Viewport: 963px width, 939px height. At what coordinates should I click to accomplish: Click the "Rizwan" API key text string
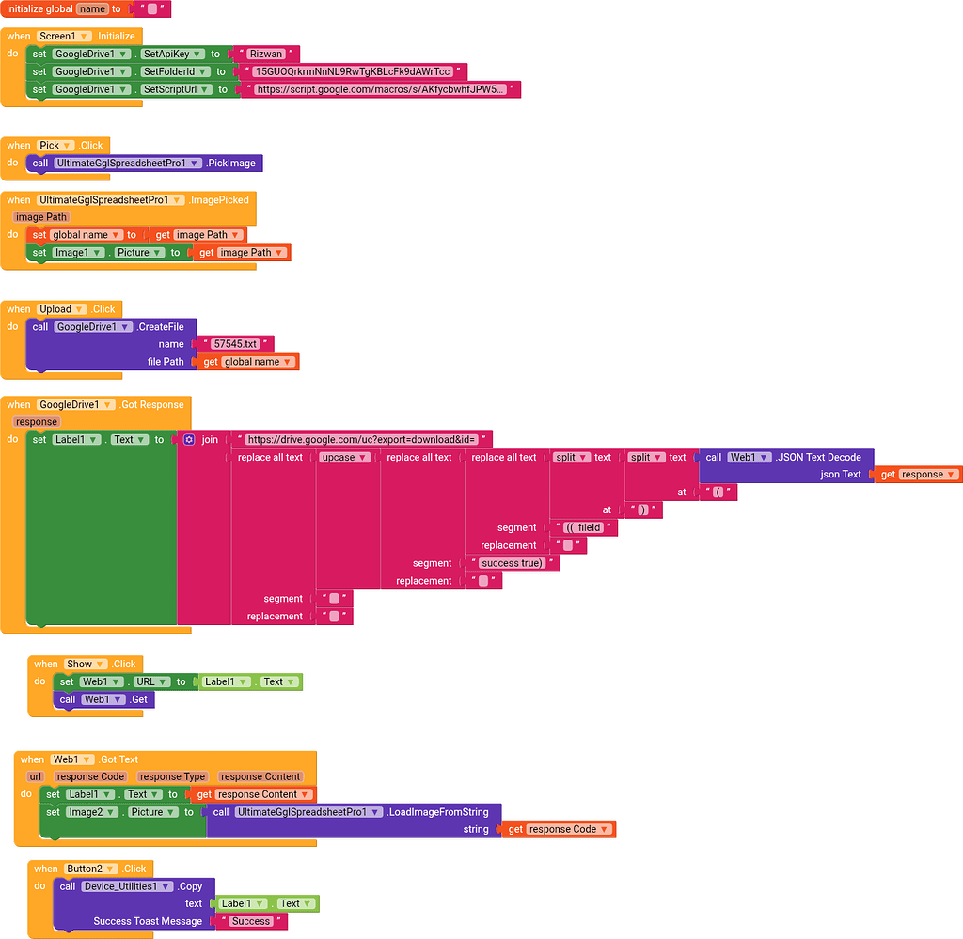click(x=267, y=55)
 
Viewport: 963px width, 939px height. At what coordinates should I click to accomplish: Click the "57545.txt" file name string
click(x=235, y=344)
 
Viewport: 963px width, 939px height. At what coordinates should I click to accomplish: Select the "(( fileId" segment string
click(x=582, y=528)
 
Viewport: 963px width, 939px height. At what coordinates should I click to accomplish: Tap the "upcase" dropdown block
click(x=344, y=458)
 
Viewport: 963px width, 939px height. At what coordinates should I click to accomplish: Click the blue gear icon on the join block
click(x=189, y=440)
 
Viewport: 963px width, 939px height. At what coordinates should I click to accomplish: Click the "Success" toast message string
click(x=251, y=921)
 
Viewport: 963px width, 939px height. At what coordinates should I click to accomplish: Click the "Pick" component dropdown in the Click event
click(x=55, y=146)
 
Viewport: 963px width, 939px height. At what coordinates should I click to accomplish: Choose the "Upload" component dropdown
click(x=62, y=309)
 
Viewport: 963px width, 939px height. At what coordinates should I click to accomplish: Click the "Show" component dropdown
click(x=85, y=664)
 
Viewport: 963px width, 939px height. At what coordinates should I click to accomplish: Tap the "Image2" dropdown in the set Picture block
click(x=92, y=812)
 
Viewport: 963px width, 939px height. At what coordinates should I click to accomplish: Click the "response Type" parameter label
click(x=172, y=776)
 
